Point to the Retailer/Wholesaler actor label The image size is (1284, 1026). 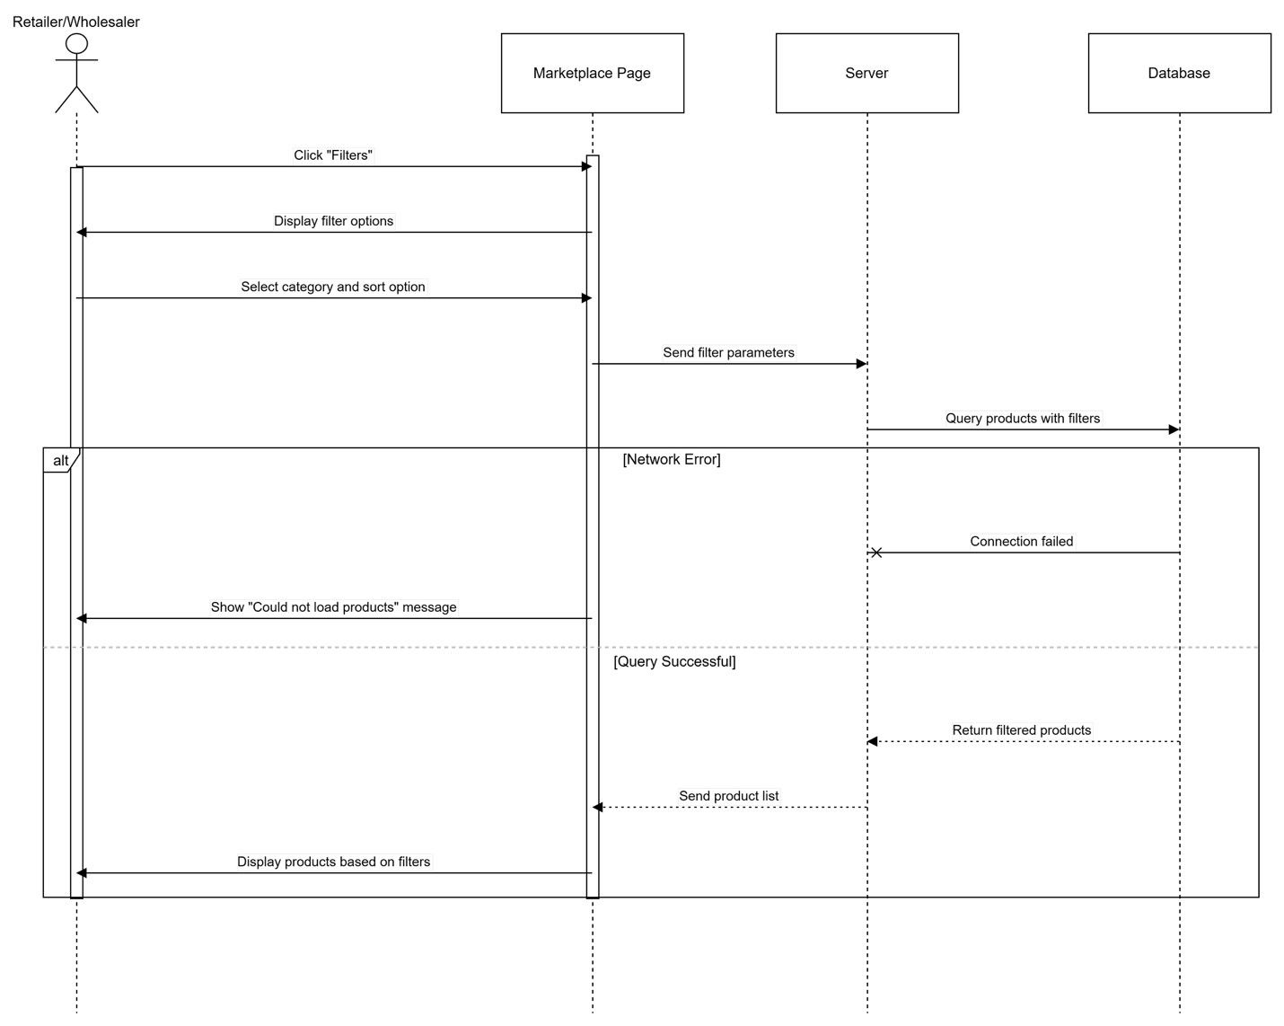click(x=75, y=22)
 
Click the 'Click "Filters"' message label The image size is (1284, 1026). click(x=333, y=155)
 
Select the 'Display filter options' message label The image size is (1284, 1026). click(x=333, y=221)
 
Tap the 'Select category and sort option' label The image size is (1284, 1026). click(x=333, y=287)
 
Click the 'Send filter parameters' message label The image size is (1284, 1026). click(x=728, y=352)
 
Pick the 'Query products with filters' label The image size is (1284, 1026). click(x=1023, y=418)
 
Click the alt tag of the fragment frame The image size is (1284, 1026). click(x=61, y=461)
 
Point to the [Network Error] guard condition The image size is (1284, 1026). click(x=672, y=459)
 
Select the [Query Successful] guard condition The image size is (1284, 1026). click(x=674, y=661)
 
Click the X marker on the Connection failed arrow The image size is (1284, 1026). click(x=875, y=553)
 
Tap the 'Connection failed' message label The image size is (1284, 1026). click(x=1022, y=541)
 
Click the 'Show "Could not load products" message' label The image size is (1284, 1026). click(x=333, y=606)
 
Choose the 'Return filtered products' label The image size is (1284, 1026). click(x=1022, y=730)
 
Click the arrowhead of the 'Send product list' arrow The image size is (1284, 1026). click(x=597, y=807)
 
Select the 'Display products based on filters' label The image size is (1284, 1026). click(x=333, y=862)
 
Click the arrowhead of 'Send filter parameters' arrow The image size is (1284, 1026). click(x=862, y=364)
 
